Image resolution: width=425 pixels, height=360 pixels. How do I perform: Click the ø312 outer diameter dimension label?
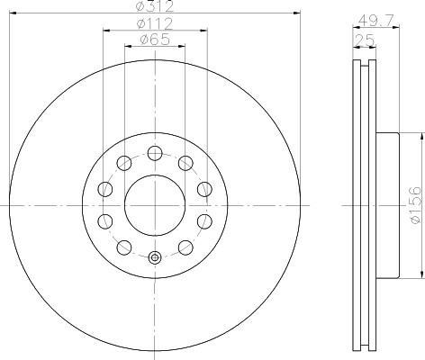pos(155,6)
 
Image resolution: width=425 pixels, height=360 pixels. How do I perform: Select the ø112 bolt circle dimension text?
pos(155,23)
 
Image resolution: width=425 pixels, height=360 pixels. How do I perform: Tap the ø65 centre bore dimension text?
pos(155,40)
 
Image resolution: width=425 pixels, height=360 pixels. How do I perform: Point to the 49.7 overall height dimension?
pos(375,21)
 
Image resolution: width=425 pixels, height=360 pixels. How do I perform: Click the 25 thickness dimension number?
pos(365,40)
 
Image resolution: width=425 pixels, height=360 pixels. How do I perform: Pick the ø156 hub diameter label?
pos(416,205)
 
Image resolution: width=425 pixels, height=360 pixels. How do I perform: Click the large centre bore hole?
pos(155,205)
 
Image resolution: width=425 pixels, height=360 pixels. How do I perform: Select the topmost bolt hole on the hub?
pos(155,154)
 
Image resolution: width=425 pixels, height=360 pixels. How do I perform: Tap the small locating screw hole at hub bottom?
pos(155,257)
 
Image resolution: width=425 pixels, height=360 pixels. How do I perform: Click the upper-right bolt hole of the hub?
pos(185,164)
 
